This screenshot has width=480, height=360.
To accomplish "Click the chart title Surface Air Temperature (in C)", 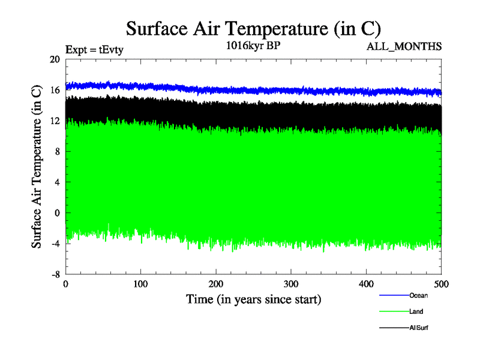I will click(253, 29).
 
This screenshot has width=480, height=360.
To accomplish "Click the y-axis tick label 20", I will click(54, 59).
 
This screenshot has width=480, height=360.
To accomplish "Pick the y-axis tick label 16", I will click(54, 90).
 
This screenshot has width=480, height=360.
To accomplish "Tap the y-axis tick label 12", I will click(54, 121).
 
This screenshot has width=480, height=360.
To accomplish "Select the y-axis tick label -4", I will click(54, 243).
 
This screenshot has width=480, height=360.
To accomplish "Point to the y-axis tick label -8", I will click(54, 274).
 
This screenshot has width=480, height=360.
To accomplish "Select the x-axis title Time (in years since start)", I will click(253, 299).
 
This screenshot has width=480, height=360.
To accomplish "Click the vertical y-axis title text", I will click(37, 167).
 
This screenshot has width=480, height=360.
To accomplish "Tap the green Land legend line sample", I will click(394, 311).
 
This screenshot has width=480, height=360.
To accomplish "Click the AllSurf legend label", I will click(419, 328).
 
